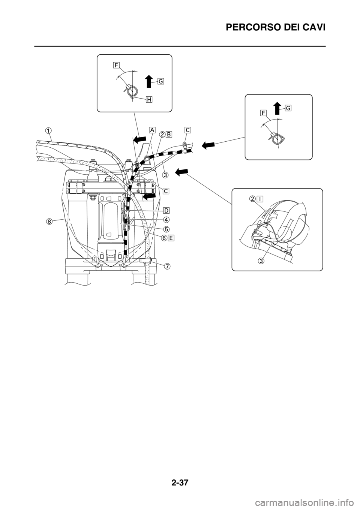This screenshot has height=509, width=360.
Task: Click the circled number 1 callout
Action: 49,130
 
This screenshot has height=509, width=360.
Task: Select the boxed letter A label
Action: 152,130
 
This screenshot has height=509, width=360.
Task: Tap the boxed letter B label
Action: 169,134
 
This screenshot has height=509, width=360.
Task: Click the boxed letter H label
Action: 149,99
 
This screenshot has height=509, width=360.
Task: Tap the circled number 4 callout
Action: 165,219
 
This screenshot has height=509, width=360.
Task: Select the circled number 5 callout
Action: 165,228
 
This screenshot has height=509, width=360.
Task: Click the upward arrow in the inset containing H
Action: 148,81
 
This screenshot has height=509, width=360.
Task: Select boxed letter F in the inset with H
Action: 117,65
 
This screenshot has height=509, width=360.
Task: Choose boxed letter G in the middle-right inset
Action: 288,108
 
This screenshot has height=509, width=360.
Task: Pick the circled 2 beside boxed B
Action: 162,134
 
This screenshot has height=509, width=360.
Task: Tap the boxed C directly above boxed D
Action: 166,190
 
